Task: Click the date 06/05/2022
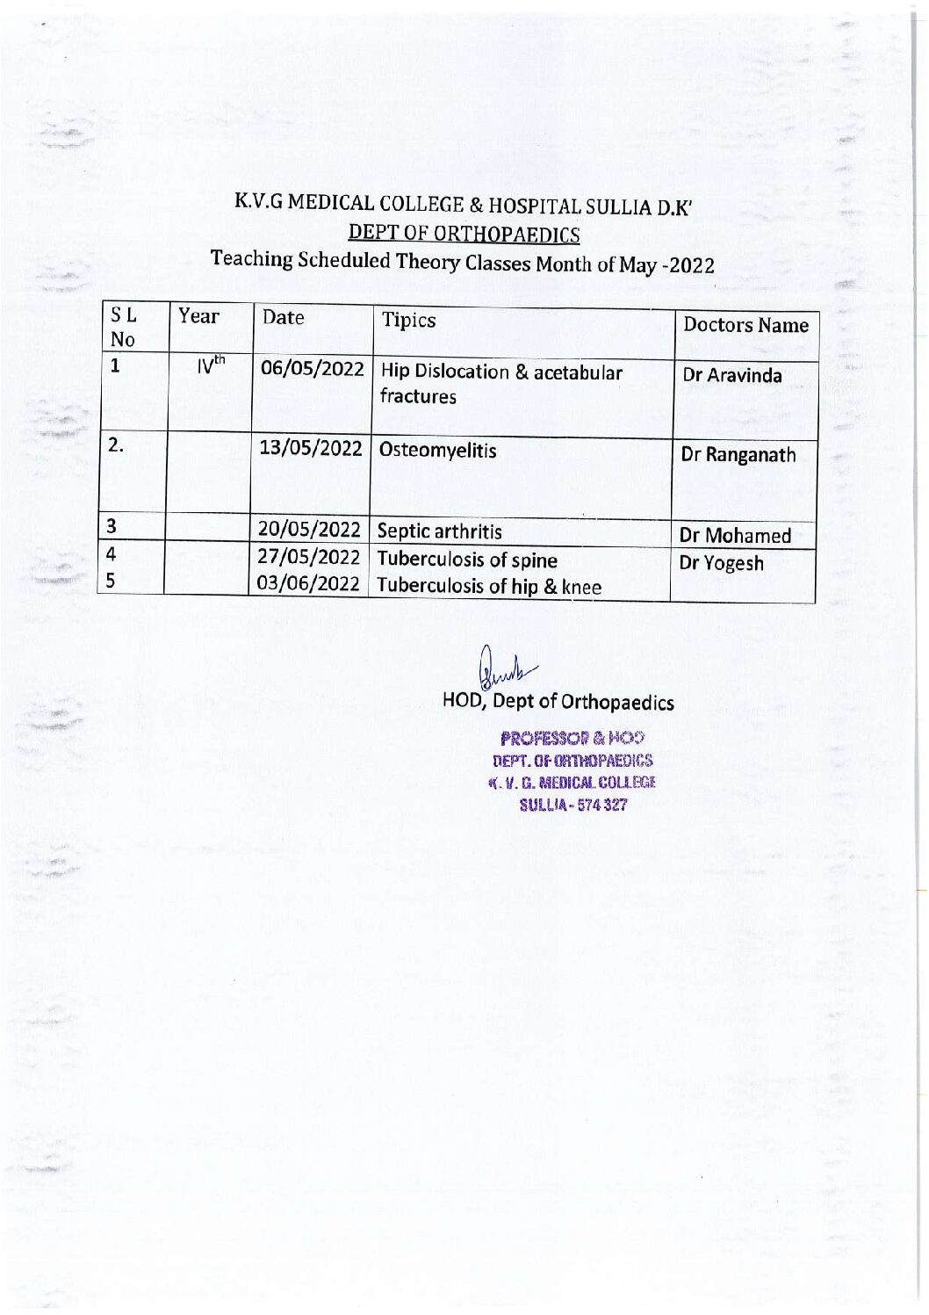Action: (312, 370)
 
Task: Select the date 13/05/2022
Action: (310, 449)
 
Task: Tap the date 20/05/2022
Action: (309, 531)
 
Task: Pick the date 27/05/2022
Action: (309, 559)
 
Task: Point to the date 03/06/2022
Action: (309, 585)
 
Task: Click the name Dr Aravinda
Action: (732, 375)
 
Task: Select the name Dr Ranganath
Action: (738, 455)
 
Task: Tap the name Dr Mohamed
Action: (736, 535)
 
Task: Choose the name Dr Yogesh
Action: (721, 563)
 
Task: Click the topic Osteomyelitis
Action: (438, 451)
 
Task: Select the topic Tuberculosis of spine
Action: (467, 560)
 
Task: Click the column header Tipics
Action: (408, 320)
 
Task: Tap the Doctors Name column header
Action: (745, 325)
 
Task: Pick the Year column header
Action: (198, 315)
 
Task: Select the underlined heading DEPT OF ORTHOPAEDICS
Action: (464, 234)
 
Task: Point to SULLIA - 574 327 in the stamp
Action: (574, 805)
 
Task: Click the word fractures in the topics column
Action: (418, 396)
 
